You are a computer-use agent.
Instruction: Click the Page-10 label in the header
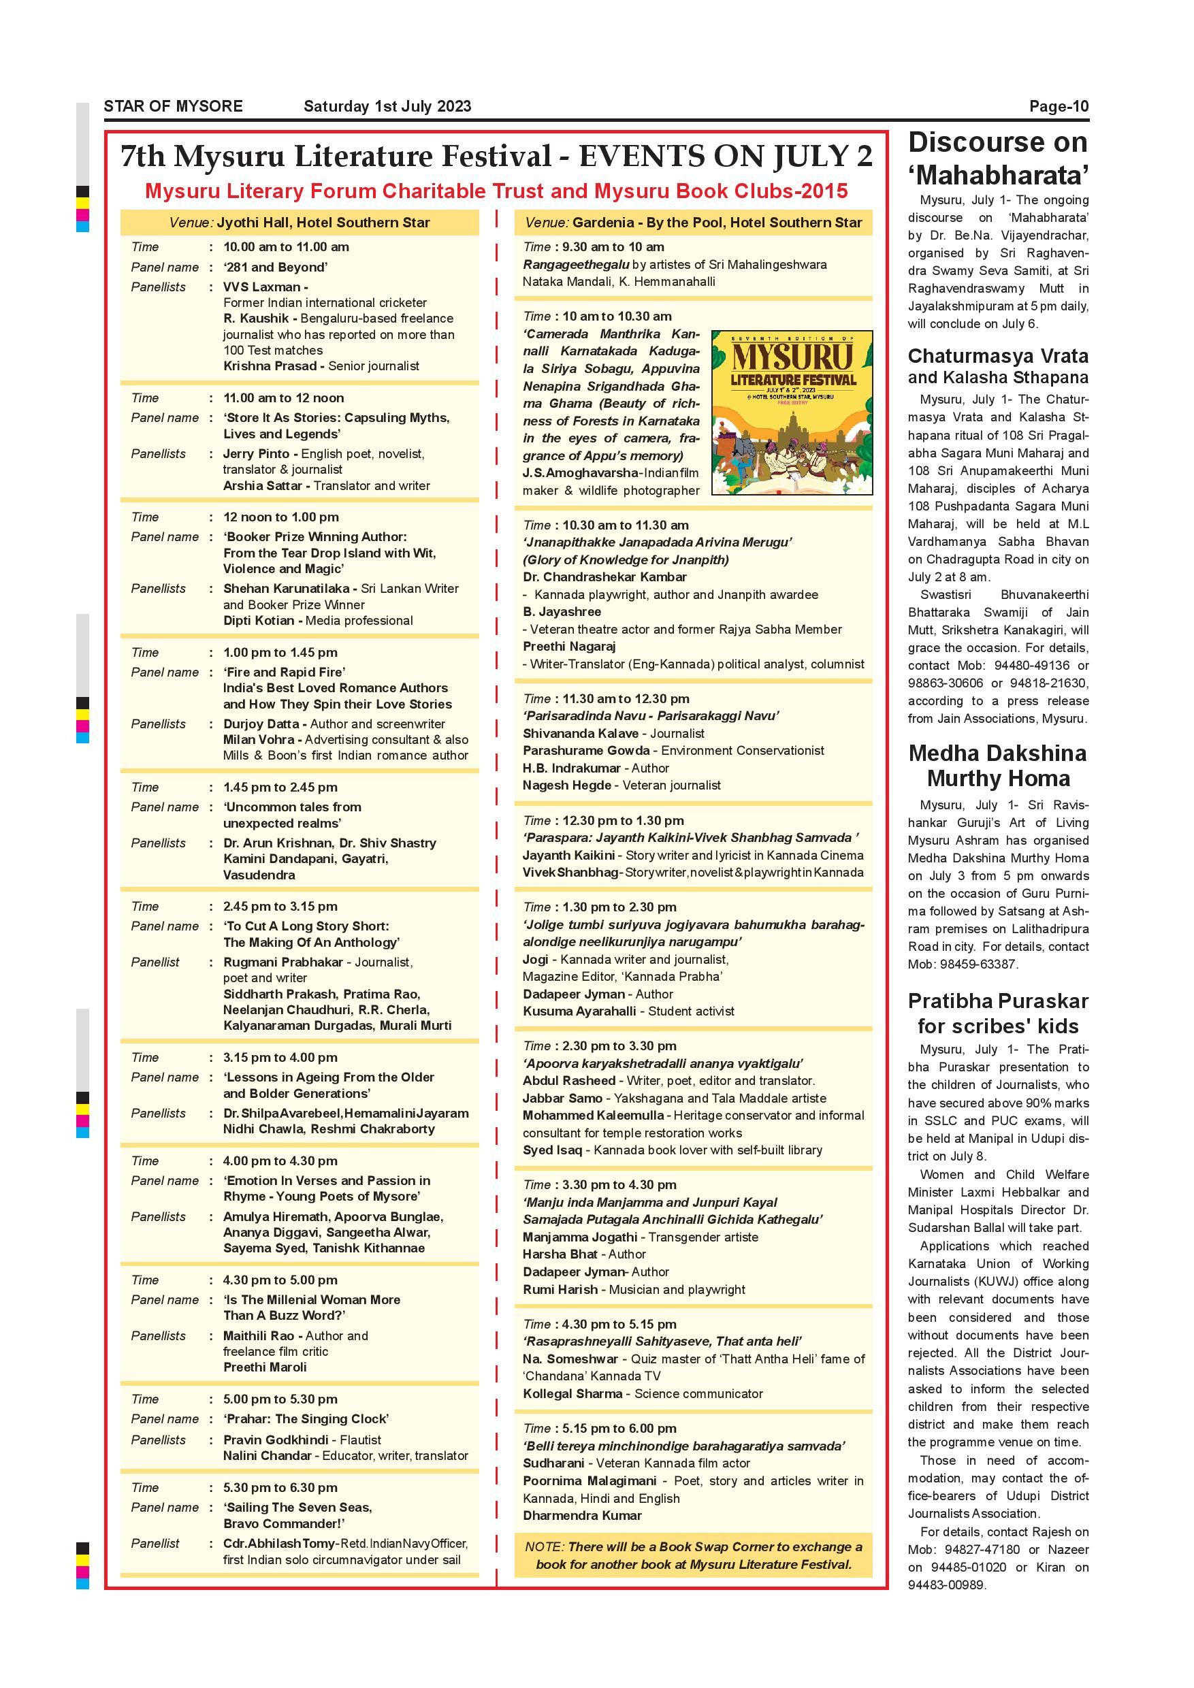[x=1058, y=107]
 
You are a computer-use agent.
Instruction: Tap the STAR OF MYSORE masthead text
[x=173, y=107]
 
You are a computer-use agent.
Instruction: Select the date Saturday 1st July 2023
[x=387, y=107]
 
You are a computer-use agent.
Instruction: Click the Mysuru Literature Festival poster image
[x=792, y=412]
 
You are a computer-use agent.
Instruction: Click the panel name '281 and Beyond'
[x=276, y=267]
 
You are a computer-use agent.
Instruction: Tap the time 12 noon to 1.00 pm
[x=281, y=517]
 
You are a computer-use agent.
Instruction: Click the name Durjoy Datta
[x=261, y=724]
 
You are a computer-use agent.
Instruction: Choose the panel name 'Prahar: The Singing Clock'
[x=306, y=1419]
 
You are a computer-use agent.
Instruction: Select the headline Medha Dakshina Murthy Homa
[x=998, y=765]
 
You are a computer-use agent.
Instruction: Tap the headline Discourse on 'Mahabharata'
[x=998, y=158]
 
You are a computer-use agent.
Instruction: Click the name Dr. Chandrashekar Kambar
[x=604, y=577]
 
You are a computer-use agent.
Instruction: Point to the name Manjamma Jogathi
[x=580, y=1237]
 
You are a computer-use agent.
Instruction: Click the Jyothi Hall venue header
[x=300, y=223]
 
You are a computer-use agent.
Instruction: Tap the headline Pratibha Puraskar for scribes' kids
[x=998, y=1013]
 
